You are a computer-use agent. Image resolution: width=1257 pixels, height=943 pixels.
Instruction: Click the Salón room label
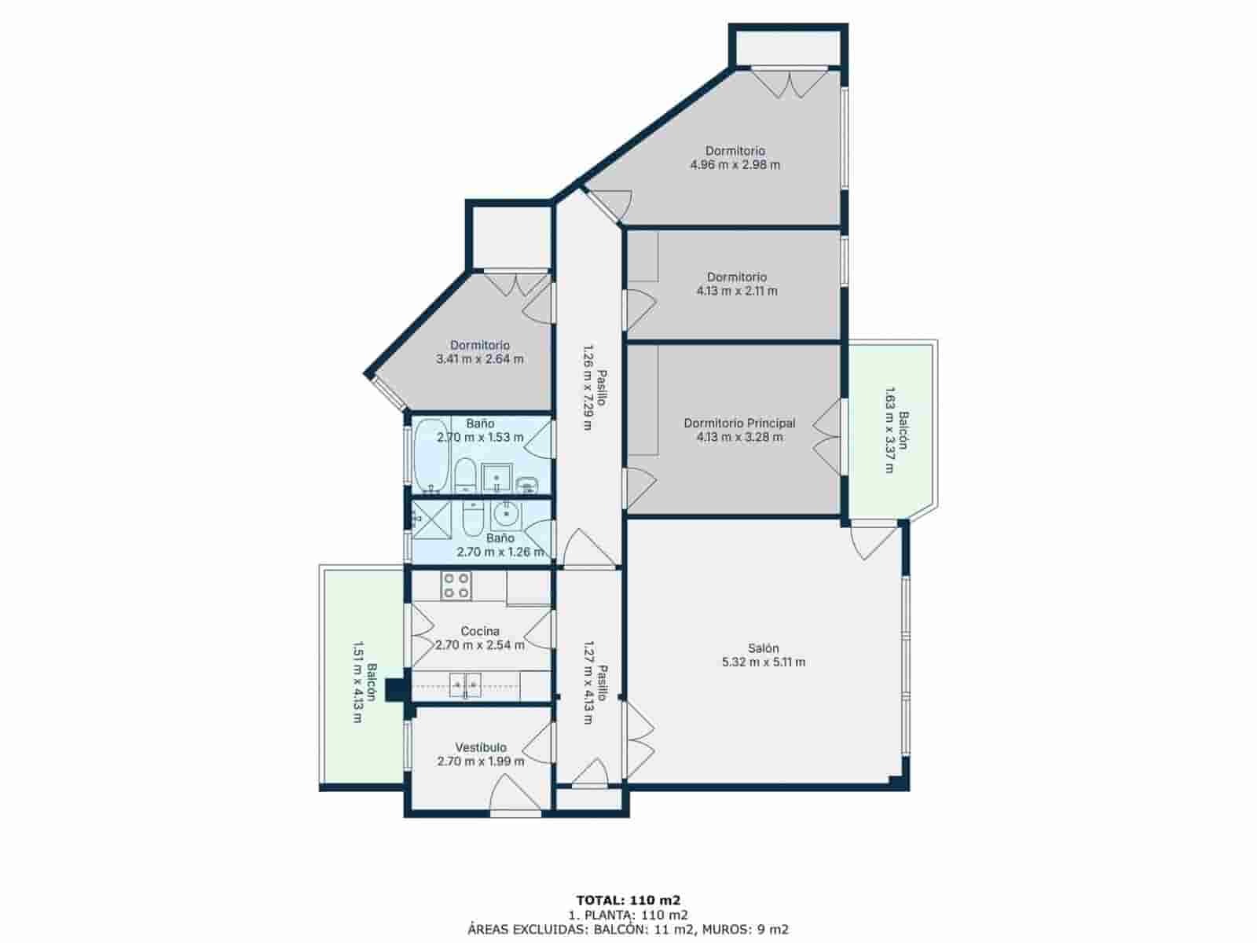coord(763,648)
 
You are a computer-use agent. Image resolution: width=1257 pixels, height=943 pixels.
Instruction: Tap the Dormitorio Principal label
coord(739,423)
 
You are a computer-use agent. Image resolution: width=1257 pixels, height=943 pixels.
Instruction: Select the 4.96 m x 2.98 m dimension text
coord(735,165)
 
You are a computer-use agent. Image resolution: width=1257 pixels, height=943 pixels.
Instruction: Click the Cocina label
coord(479,631)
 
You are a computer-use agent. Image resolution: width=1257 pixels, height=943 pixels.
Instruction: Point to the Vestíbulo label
coord(481,747)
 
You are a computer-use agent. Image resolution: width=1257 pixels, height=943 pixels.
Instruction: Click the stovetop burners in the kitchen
coord(456,585)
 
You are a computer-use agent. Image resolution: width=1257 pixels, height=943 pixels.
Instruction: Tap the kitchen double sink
coord(465,685)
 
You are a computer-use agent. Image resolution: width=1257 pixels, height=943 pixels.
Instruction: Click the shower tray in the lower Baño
coord(432,520)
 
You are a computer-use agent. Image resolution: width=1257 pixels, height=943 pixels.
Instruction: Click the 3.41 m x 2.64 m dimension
coord(479,359)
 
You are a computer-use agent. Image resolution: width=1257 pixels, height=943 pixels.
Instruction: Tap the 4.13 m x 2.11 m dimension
coord(737,291)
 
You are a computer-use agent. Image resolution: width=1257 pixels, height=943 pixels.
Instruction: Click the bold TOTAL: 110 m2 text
coord(628,900)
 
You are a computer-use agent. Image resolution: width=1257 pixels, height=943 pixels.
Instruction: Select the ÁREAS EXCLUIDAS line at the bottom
coord(628,929)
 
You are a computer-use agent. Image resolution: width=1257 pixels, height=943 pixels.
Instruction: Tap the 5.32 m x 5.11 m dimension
coord(763,662)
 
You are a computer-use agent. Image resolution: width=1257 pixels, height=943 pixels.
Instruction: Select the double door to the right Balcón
coord(829,437)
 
